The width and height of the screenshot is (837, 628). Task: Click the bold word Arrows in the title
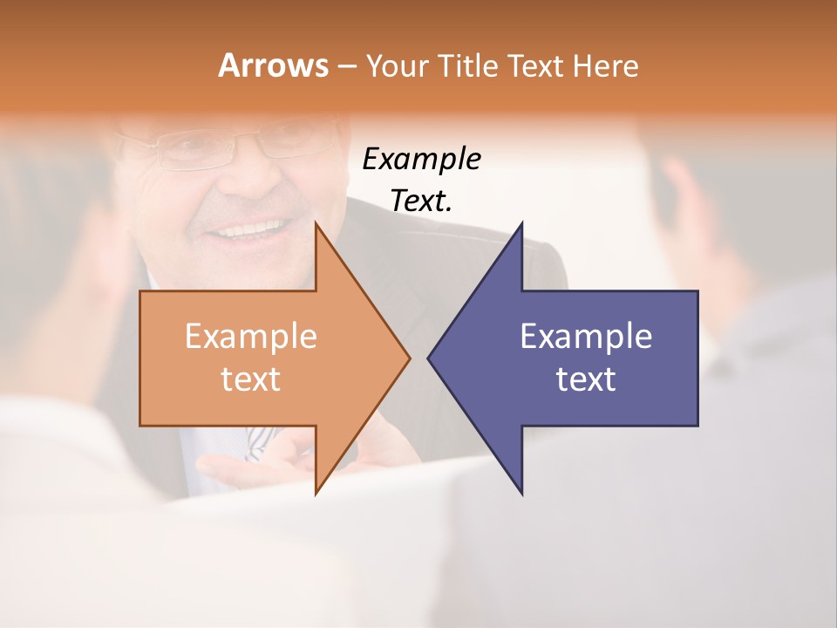[273, 65]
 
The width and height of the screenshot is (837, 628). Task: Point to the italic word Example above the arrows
[422, 159]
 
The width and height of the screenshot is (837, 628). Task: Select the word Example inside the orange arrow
[251, 336]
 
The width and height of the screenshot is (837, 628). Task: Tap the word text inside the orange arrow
[251, 379]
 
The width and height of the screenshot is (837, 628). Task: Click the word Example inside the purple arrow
[586, 336]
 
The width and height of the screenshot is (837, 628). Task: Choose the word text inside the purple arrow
[586, 379]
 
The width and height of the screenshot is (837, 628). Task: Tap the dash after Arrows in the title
[345, 66]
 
